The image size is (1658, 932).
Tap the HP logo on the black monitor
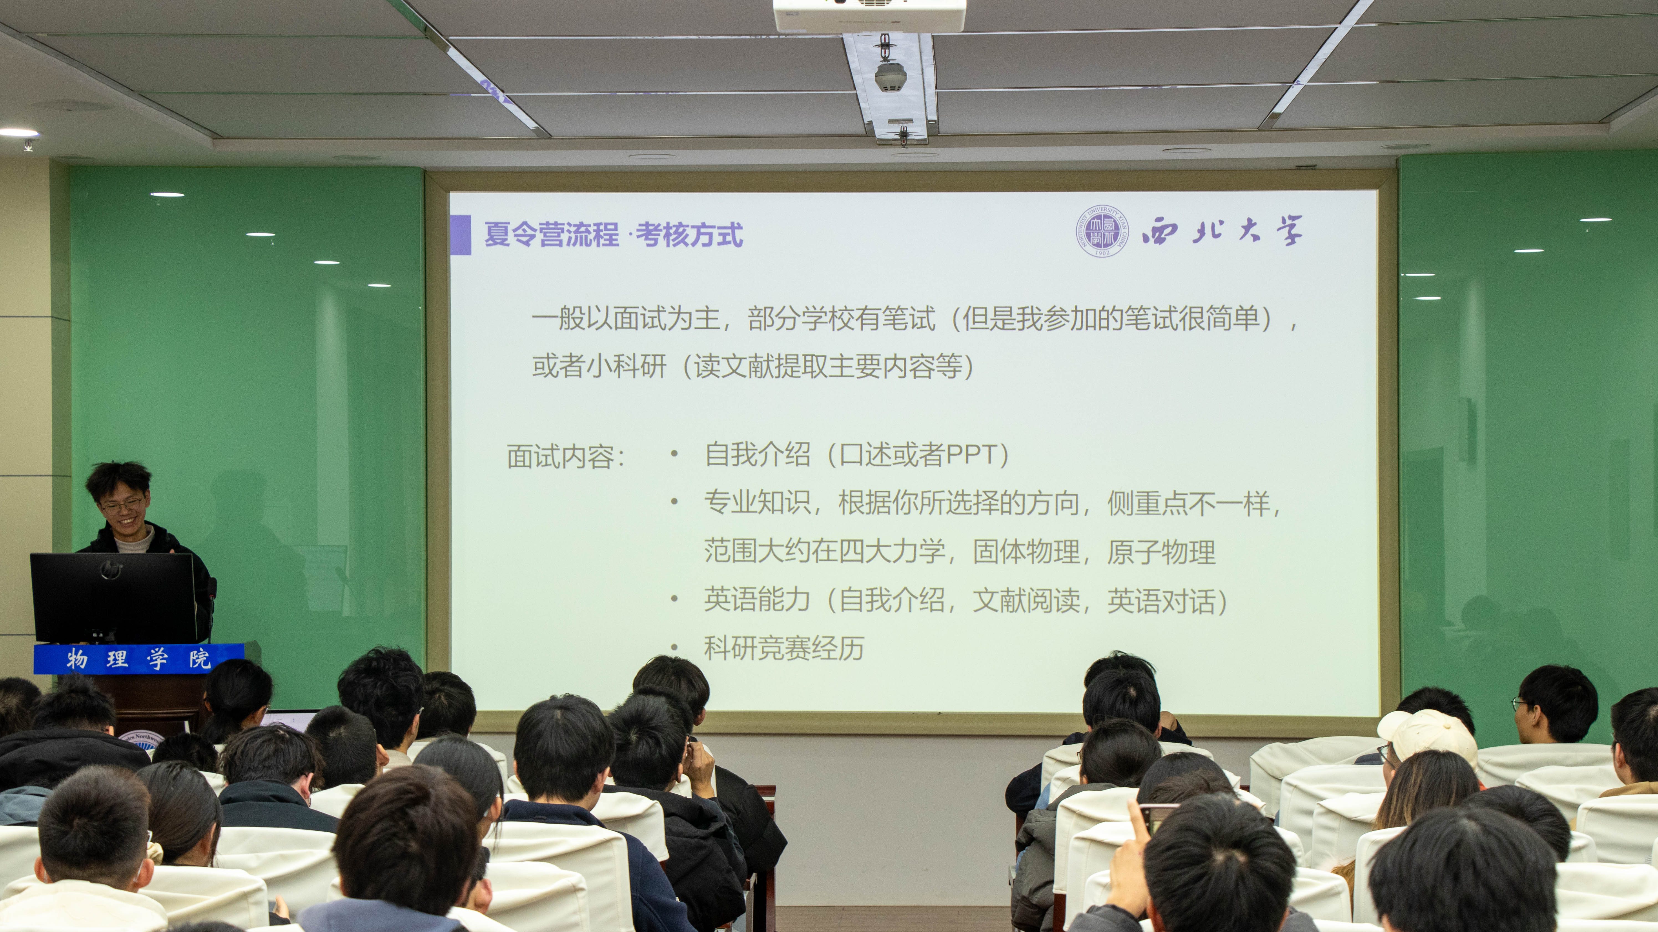111,569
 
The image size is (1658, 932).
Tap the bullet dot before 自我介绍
675,455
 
